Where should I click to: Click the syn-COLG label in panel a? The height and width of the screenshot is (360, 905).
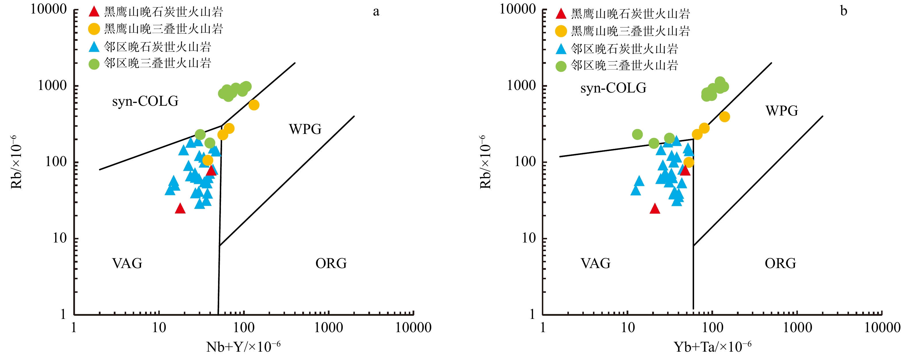[145, 101]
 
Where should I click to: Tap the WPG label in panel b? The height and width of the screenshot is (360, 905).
[782, 111]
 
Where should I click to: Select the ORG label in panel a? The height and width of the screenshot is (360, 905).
[331, 263]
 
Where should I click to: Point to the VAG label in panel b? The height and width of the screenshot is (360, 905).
[596, 263]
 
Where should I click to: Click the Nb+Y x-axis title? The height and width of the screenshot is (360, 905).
[243, 347]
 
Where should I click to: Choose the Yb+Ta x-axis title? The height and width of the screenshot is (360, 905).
[712, 347]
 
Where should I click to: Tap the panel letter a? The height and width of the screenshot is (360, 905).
[376, 11]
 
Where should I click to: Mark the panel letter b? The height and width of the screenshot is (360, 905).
[844, 11]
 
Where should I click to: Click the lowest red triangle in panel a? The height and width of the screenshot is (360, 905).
[180, 209]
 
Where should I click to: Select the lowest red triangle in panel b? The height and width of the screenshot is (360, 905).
[654, 209]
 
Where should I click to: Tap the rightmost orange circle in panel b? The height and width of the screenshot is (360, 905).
[724, 117]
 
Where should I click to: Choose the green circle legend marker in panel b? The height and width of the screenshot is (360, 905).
[561, 66]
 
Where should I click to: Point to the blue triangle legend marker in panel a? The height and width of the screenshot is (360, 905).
[94, 47]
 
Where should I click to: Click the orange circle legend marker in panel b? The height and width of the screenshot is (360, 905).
[561, 31]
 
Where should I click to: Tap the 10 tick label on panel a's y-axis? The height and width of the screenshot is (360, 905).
[60, 238]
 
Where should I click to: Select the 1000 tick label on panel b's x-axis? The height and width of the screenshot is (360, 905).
[798, 328]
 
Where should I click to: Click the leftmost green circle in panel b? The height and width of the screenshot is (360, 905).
[637, 134]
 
